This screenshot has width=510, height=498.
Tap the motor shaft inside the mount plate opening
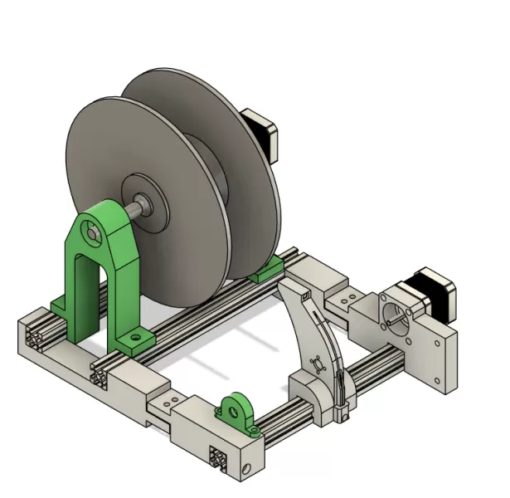396,312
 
